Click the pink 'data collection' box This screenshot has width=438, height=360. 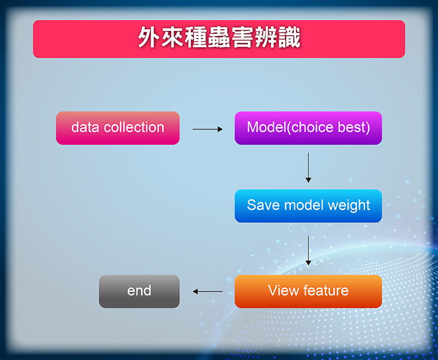click(117, 128)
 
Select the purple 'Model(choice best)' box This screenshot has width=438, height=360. click(308, 128)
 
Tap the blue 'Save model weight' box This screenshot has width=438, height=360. click(308, 206)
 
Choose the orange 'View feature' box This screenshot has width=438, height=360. click(308, 291)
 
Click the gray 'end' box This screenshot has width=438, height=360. click(139, 291)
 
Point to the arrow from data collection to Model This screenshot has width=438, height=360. click(207, 129)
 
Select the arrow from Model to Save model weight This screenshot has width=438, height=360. click(308, 167)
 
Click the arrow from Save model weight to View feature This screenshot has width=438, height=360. click(308, 250)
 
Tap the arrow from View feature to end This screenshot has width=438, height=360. click(207, 292)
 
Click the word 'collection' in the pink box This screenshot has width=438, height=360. click(134, 127)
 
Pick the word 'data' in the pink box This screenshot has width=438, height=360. click(85, 127)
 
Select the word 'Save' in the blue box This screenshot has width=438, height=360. click(263, 205)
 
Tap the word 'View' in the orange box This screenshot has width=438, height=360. click(283, 290)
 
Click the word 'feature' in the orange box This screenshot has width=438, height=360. click(326, 290)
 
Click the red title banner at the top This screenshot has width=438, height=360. click(219, 39)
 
